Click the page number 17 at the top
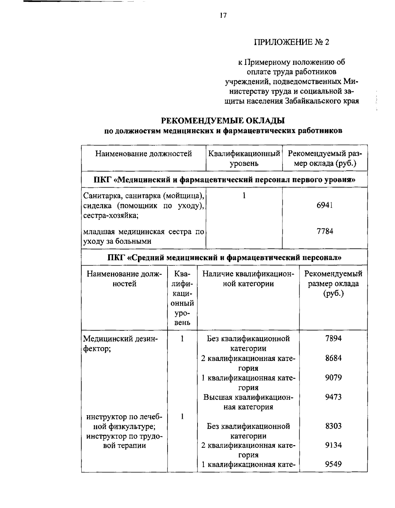coord(223,15)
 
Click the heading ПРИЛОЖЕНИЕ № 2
coord(291,42)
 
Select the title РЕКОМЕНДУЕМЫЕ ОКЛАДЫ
coord(223,121)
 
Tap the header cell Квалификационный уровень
coord(244,158)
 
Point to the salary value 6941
coord(325,205)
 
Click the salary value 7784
coord(325,231)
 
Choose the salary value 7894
coord(333,339)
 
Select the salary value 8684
coord(333,358)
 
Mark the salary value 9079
coord(333,377)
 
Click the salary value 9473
coord(333,397)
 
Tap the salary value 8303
coord(333,426)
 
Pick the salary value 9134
coord(333,445)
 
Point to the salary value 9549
coord(333,464)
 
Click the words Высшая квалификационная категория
coord(248,402)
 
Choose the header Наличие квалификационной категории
coord(248,279)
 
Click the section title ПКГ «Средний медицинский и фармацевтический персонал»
coord(224,257)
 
